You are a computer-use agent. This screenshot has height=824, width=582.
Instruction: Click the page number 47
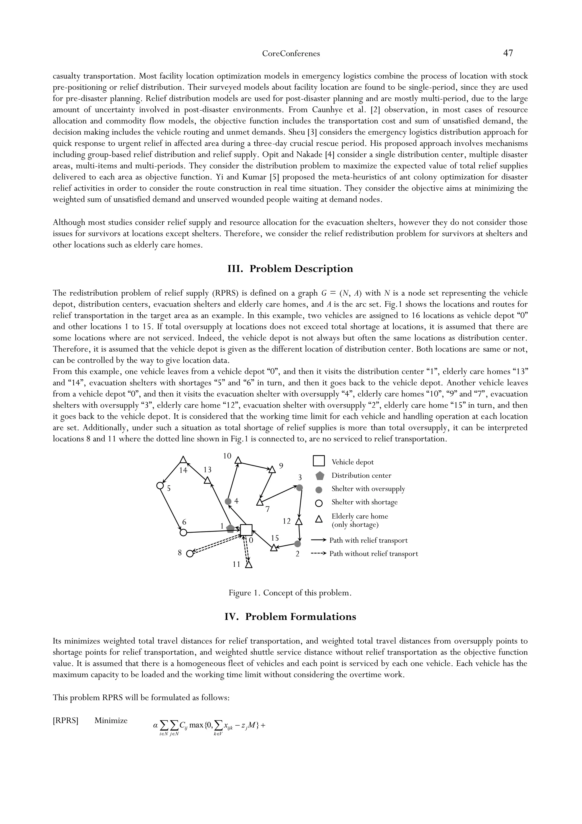point(508,53)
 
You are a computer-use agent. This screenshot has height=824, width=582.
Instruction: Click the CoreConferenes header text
point(291,54)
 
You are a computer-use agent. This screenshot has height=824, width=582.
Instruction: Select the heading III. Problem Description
point(290,269)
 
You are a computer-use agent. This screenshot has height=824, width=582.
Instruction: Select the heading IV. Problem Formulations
point(290,617)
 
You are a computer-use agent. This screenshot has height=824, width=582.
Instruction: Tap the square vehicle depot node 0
point(246,530)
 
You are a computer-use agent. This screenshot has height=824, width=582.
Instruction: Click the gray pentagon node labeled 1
point(230,529)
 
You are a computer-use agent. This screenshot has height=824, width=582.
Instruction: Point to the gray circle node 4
point(228,501)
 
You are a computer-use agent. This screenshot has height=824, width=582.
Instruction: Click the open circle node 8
point(190,554)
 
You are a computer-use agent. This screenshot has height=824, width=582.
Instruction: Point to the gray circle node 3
point(300,487)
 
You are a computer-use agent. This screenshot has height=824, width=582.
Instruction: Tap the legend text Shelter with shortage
point(364,502)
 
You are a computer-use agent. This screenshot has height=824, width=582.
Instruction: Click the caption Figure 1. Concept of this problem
point(290,593)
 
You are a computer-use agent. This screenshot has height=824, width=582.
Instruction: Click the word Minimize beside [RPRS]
point(111,721)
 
